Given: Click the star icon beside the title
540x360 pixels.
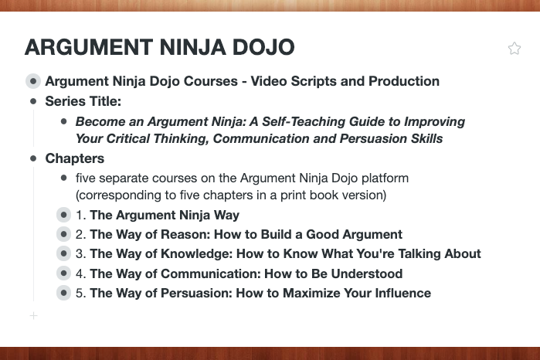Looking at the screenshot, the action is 515,48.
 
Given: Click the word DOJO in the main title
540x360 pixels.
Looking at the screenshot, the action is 263,47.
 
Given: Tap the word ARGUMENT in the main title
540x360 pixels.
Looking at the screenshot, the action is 89,47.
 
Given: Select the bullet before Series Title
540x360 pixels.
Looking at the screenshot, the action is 33,101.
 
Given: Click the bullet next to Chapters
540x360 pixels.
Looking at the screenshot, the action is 33,158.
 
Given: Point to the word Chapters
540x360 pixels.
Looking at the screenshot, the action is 75,158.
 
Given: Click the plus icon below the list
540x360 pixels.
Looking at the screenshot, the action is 33,315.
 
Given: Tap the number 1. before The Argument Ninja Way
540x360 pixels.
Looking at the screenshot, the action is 81,215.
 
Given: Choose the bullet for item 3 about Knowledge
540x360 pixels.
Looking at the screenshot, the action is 63,253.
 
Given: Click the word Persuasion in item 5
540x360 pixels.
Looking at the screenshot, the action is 196,293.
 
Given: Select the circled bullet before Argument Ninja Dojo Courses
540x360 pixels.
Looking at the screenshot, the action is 33,81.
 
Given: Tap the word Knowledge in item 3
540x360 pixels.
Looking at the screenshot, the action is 197,254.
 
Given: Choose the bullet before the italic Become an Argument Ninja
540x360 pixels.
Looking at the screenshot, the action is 63,121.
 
